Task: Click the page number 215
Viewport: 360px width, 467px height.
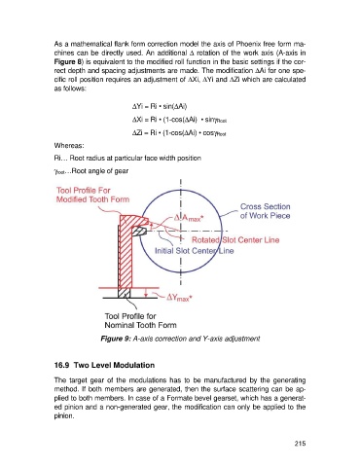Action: pos(300,444)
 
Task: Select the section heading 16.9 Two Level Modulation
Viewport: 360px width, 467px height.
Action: pos(104,365)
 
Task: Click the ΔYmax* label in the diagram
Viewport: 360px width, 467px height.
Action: pos(179,298)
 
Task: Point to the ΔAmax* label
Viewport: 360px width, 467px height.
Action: pos(188,218)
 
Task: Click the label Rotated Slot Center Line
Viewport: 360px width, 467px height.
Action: pos(235,240)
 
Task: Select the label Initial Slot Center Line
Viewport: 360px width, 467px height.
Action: pos(194,251)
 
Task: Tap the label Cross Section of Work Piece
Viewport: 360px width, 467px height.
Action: pos(265,211)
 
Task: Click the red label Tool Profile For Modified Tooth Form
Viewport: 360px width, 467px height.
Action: pos(92,195)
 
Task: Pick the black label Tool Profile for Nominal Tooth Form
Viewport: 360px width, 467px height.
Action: pos(140,320)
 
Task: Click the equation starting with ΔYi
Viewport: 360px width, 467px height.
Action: pos(160,106)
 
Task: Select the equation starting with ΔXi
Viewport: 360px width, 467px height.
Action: pos(179,120)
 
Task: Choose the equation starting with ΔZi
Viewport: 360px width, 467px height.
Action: pos(179,133)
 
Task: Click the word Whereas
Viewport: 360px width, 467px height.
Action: pos(69,145)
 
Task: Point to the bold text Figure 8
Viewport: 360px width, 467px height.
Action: pos(67,61)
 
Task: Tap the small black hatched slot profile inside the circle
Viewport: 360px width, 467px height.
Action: pos(139,232)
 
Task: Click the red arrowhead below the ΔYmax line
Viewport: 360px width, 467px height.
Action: pos(146,295)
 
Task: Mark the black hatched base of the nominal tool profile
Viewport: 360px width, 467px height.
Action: pos(124,293)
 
